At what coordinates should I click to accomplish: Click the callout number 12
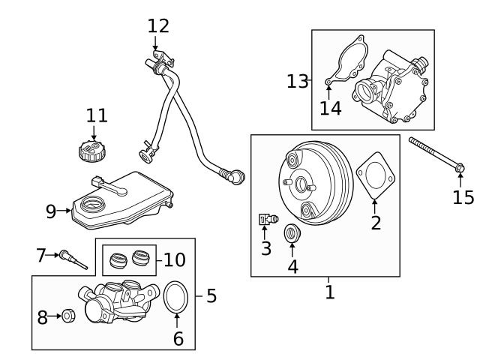pyautogui.click(x=158, y=25)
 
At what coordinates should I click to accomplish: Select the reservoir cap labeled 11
pyautogui.click(x=92, y=151)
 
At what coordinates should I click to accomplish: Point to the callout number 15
pyautogui.click(x=463, y=197)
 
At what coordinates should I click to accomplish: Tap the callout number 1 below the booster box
pyautogui.click(x=329, y=292)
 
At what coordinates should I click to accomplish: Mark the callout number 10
pyautogui.click(x=174, y=259)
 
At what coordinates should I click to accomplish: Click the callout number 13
pyautogui.click(x=297, y=80)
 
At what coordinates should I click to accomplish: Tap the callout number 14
pyautogui.click(x=330, y=108)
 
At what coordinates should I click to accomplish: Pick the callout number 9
pyautogui.click(x=51, y=211)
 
